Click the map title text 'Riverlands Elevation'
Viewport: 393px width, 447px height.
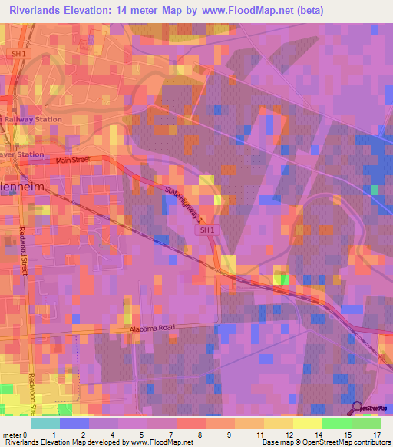click(62, 11)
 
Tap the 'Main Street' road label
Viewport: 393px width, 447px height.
click(73, 160)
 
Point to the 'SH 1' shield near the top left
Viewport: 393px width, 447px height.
click(19, 54)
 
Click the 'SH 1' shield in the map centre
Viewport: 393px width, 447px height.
click(207, 230)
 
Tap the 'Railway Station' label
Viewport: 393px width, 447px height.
click(34, 119)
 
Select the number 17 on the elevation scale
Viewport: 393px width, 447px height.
click(376, 435)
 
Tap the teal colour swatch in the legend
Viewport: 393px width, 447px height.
click(45, 423)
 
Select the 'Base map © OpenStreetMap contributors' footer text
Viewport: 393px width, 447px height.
click(325, 442)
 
